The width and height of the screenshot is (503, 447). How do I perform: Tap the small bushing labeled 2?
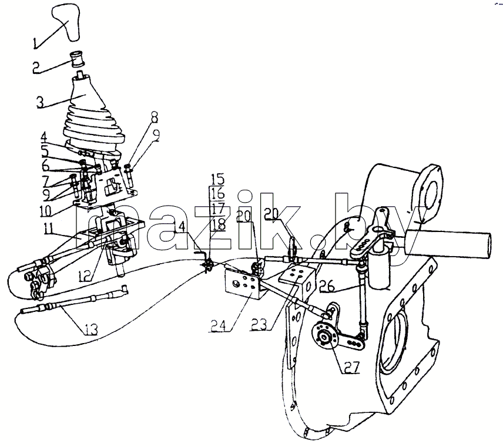78,59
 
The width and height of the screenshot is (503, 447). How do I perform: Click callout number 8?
155,117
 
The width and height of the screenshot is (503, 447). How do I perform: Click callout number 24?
219,325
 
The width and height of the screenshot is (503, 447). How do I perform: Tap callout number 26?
326,285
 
